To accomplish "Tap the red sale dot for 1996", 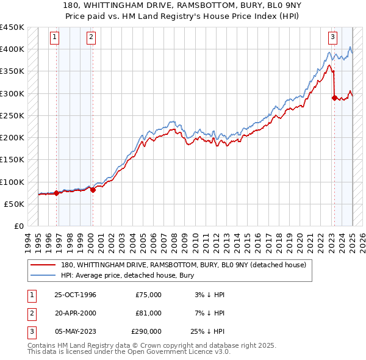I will click(57, 193).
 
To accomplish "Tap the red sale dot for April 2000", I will click(93, 190).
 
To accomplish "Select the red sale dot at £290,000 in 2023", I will click(334, 98).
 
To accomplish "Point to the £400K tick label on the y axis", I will click(12, 49).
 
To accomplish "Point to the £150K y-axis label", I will click(12, 160).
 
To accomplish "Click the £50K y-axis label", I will click(15, 204).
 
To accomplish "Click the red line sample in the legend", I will click(44, 264).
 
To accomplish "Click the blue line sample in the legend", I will click(44, 275).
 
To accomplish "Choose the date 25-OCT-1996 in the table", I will click(76, 295).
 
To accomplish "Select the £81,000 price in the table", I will click(148, 313).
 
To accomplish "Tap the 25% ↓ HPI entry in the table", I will click(209, 331).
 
